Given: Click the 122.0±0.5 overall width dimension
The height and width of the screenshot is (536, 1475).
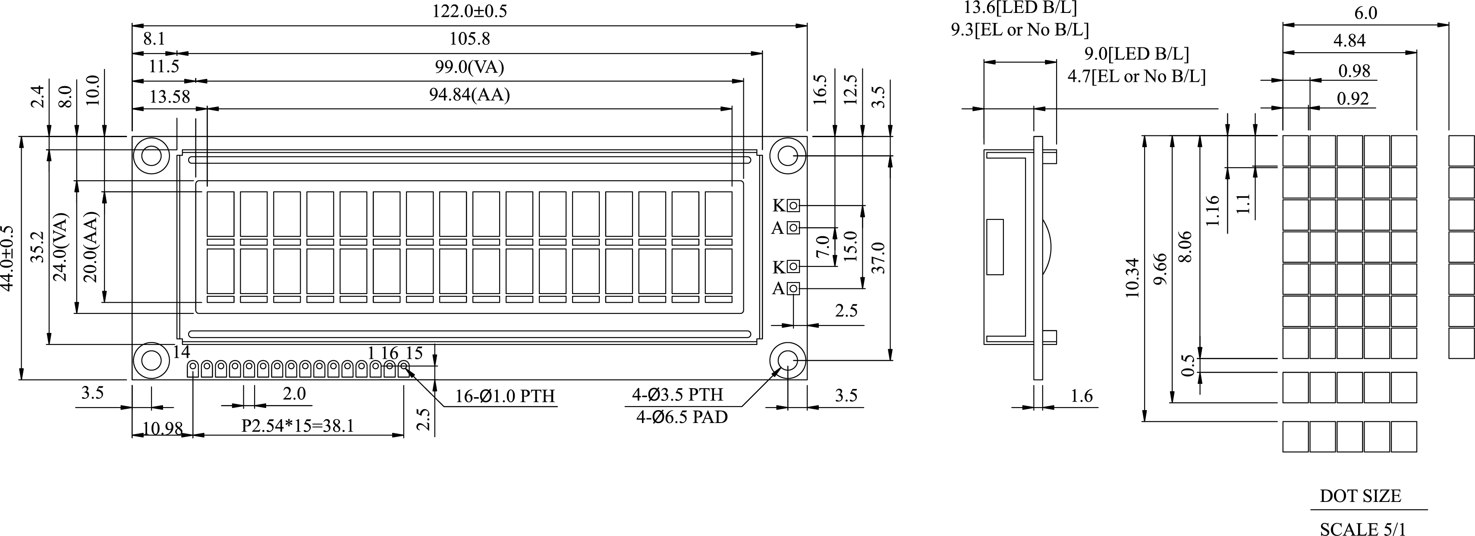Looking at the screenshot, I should coord(469,11).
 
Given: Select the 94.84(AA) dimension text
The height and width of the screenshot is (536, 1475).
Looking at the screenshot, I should coord(469,94).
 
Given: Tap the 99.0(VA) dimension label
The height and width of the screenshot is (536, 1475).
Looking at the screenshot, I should coord(469,68).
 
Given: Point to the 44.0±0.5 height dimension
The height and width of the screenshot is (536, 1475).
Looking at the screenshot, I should coord(7,257).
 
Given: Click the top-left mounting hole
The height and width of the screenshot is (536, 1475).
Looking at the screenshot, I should coord(151,156).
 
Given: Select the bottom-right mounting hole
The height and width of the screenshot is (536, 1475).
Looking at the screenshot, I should coord(787,360).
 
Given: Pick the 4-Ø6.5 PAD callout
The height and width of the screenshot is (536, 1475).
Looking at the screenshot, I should coord(681,417).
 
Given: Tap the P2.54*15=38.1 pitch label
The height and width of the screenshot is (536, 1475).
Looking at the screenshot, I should coord(298,426).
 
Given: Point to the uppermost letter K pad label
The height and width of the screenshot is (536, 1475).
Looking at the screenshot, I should coord(779,205).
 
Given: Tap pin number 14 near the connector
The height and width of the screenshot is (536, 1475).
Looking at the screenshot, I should coord(181,352).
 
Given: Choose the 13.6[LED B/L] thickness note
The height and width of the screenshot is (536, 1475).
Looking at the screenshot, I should coord(1020,7).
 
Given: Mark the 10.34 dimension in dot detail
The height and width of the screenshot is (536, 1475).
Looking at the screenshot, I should coord(1132,278).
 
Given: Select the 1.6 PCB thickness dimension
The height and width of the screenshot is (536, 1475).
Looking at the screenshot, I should coord(1081,396).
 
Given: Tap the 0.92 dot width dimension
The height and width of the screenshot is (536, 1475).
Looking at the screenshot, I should coord(1352,99).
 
